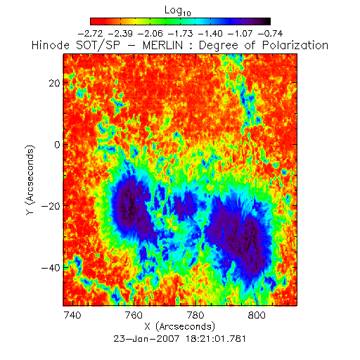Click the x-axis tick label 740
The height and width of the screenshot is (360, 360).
coord(72,315)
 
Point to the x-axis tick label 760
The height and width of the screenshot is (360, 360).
coord(134,315)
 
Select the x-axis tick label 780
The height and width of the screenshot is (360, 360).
coord(195,315)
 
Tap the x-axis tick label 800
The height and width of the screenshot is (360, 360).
coord(257,315)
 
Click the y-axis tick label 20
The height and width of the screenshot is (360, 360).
coord(54,83)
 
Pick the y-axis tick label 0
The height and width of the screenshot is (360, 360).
coord(58,145)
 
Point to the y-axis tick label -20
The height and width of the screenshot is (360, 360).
coord(51,206)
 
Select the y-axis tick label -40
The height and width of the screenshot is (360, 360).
coord(51,267)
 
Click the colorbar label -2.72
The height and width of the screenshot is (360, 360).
coord(90,34)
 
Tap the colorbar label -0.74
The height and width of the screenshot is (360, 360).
coord(270,34)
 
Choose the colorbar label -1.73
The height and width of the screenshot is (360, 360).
coord(180,34)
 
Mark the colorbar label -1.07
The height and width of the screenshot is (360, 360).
coord(240,34)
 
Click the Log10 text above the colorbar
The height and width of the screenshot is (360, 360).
coord(178,11)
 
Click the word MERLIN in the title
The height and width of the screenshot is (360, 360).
coord(163,45)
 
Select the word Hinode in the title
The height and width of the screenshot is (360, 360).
coord(51,45)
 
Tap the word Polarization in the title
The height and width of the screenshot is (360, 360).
coord(295,45)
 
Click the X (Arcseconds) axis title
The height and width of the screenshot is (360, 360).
coord(180,326)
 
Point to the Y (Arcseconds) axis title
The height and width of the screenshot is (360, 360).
coord(30,180)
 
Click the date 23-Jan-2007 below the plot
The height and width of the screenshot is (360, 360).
coord(146,339)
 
